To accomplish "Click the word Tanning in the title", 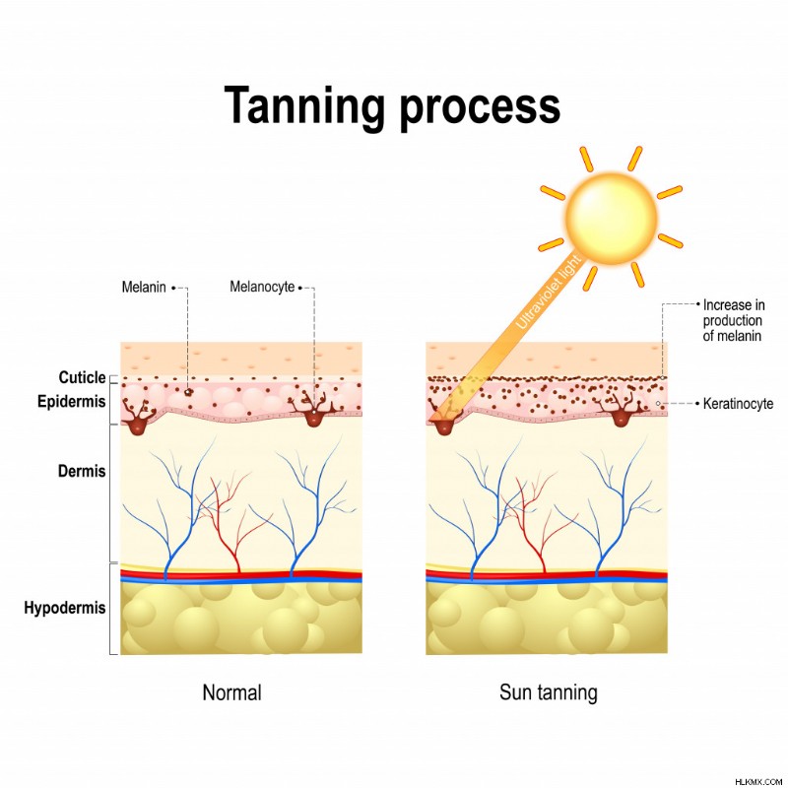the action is pyautogui.click(x=304, y=106).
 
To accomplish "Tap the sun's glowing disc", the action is pyautogui.click(x=611, y=217).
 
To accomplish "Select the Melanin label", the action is pyautogui.click(x=144, y=287).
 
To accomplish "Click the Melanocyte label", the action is pyautogui.click(x=262, y=287).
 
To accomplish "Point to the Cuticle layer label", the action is pyautogui.click(x=82, y=377).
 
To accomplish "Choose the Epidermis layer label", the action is pyautogui.click(x=71, y=402).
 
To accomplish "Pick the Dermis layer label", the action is pyautogui.click(x=82, y=472).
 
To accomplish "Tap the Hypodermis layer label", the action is pyautogui.click(x=65, y=608).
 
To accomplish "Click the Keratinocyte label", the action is pyautogui.click(x=738, y=404).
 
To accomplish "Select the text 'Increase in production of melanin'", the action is pyautogui.click(x=734, y=321).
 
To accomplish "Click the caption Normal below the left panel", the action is pyautogui.click(x=231, y=692).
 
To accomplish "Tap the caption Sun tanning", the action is pyautogui.click(x=549, y=692).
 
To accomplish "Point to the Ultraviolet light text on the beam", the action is pyautogui.click(x=549, y=293).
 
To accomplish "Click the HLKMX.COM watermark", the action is pyautogui.click(x=758, y=781).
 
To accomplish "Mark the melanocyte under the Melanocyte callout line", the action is pyautogui.click(x=313, y=410).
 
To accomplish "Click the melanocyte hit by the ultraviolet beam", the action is pyautogui.click(x=444, y=419).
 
